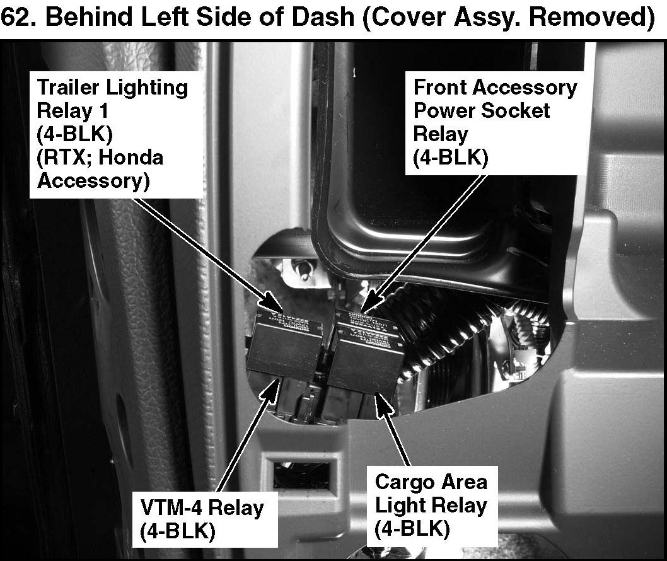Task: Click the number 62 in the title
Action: click(17, 18)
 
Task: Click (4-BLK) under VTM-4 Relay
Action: click(178, 531)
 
